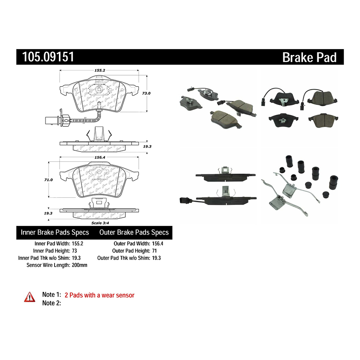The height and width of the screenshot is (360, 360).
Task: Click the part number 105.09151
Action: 45,57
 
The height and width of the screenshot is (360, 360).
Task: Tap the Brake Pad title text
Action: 309,58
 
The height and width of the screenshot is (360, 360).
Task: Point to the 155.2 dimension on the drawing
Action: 99,70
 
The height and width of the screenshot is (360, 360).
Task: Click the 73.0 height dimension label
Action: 146,93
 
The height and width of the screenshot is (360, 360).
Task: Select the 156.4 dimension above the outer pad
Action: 99,157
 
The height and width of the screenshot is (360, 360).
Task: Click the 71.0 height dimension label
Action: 48,180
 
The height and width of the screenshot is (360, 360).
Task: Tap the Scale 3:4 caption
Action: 99,223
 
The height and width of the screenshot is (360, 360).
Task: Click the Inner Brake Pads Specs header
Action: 55,233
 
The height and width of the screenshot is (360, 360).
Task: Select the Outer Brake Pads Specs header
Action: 134,233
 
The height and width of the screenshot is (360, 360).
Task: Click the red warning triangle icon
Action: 30,297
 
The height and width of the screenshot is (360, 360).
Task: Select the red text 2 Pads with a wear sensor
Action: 99,295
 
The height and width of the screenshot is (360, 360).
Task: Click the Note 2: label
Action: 51,303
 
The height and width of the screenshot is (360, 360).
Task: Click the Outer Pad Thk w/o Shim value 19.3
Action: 157,258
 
